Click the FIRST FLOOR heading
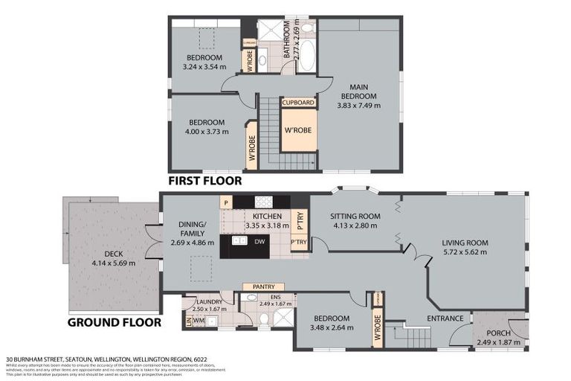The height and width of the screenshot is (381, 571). pos(204,180)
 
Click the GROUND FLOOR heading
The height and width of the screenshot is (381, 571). pos(114,322)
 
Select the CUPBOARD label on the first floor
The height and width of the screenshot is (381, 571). pos(298,103)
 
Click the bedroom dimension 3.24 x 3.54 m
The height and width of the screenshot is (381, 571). pos(204,67)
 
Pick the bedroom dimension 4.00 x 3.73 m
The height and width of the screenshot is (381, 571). pos(206,132)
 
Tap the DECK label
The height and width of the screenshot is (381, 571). pos(113,254)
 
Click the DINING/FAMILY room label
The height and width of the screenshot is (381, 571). pos(196,233)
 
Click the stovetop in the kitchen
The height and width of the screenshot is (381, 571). pos(263,201)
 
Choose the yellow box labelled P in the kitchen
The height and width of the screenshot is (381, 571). pos(225,202)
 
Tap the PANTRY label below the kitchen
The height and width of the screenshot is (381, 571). pos(264,286)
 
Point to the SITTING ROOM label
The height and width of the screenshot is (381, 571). pos(355,217)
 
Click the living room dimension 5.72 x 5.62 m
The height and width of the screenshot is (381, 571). pos(464,252)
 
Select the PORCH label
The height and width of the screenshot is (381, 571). pos(498,333)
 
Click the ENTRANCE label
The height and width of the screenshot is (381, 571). pos(445,318)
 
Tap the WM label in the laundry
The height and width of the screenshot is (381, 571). pos(199,321)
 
